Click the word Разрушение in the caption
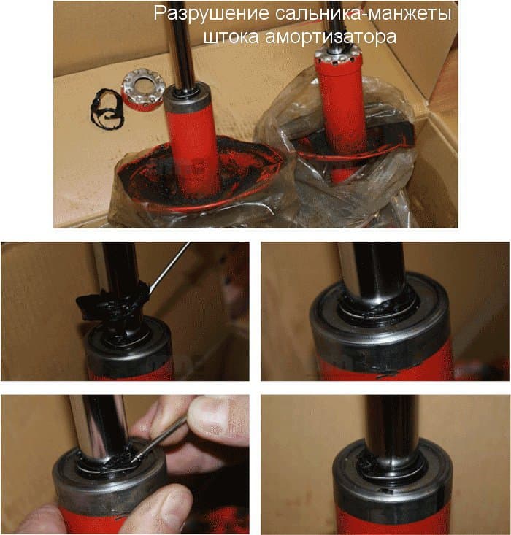point(211,14)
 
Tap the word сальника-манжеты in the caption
point(363,14)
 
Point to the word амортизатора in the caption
point(331,36)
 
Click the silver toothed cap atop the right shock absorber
point(334,58)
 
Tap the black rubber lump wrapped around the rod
point(111,305)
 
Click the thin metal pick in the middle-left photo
point(169,267)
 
